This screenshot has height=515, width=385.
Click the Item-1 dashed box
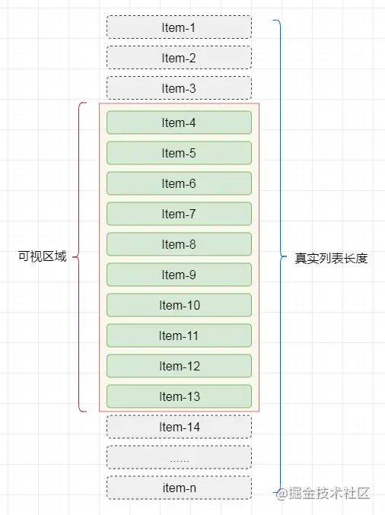click(x=179, y=27)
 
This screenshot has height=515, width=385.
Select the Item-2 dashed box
click(x=179, y=58)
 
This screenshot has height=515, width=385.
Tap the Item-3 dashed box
click(x=179, y=88)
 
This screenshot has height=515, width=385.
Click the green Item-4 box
click(x=179, y=122)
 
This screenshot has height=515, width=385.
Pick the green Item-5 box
click(x=179, y=153)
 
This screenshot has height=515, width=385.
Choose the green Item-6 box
click(x=179, y=183)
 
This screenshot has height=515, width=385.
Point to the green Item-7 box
click(x=179, y=214)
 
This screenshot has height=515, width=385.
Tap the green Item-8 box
click(x=179, y=244)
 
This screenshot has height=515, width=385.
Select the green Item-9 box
click(x=179, y=275)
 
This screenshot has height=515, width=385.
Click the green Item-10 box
click(x=179, y=305)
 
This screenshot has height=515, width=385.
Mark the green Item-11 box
click(x=179, y=335)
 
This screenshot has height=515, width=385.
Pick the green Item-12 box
click(x=179, y=366)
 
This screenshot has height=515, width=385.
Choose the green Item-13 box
click(x=179, y=396)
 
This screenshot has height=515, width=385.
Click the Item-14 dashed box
click(x=179, y=427)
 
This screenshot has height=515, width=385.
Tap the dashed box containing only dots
click(x=179, y=457)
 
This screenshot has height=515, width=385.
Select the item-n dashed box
click(x=179, y=488)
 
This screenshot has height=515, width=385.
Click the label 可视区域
click(x=42, y=256)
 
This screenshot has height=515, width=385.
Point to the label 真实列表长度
click(x=331, y=258)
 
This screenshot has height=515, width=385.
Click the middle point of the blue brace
click(x=281, y=256)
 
